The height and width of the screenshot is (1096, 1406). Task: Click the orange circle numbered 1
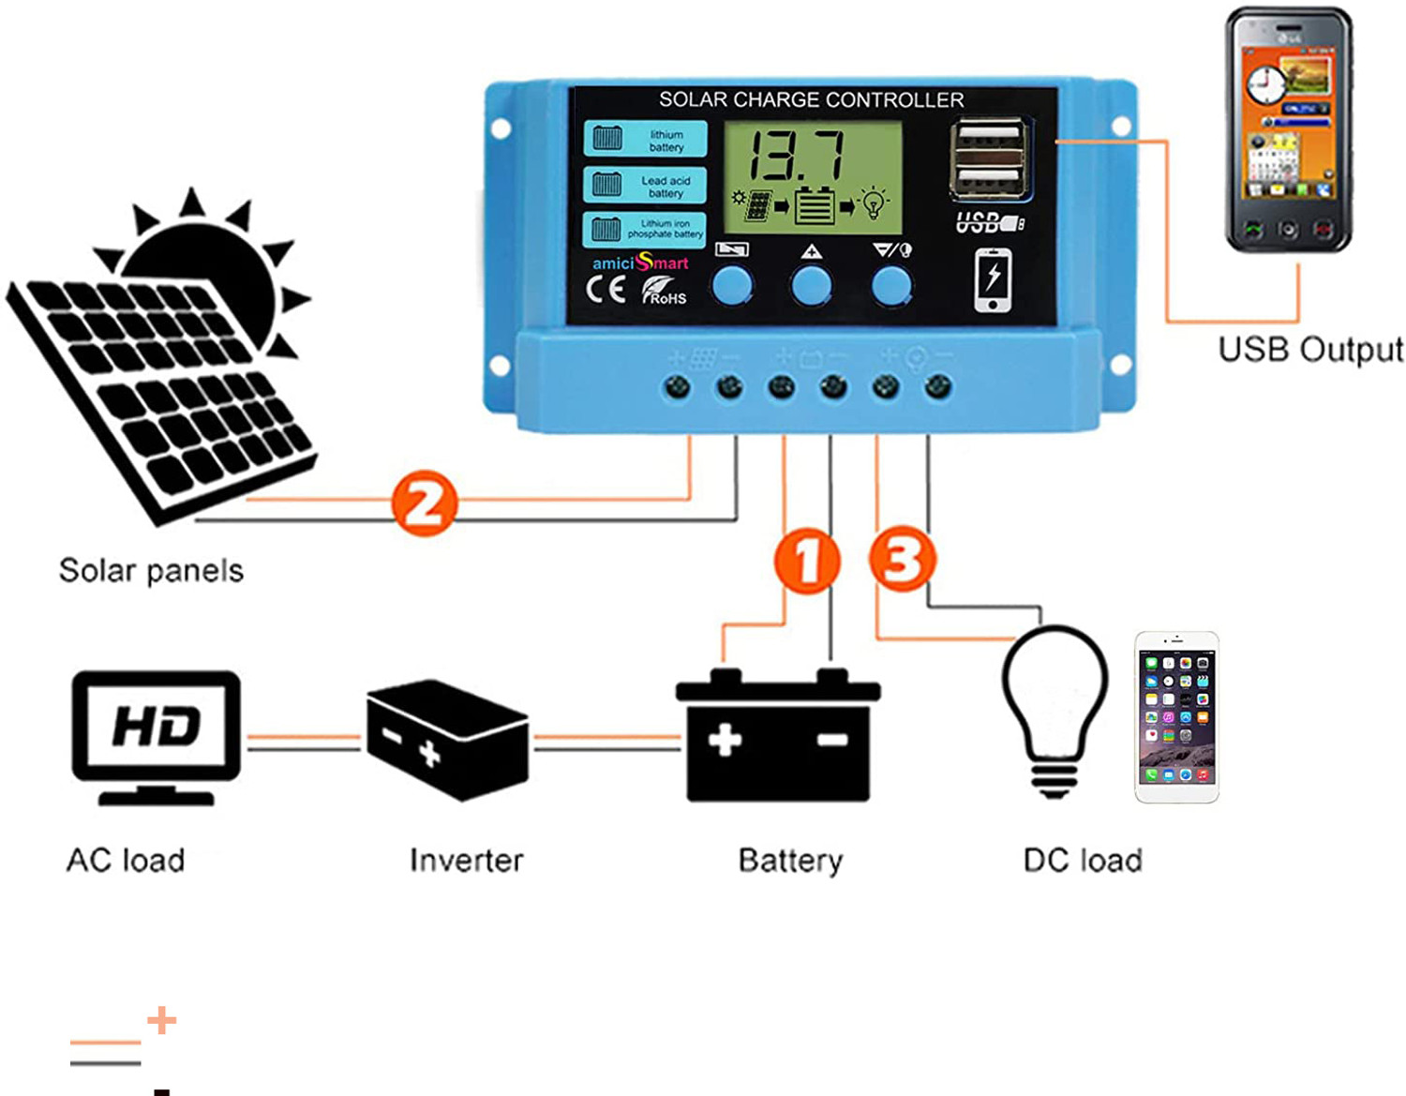[806, 561]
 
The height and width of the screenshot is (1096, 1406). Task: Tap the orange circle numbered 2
[424, 503]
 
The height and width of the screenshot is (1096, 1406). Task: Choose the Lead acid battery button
[645, 186]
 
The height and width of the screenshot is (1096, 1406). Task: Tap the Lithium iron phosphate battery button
[645, 229]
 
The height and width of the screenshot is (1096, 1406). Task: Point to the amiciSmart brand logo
[640, 263]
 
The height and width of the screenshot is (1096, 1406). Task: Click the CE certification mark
[606, 290]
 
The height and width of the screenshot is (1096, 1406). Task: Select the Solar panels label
[151, 570]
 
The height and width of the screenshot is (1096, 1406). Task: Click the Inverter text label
[466, 860]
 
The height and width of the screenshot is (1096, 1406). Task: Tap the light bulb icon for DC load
[1054, 708]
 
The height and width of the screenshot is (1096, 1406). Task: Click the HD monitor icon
[156, 736]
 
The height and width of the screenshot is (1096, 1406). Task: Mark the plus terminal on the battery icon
[725, 741]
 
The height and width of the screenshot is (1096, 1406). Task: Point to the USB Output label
[1309, 350]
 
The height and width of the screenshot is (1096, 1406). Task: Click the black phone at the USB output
[1289, 131]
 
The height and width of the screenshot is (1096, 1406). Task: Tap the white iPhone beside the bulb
[1176, 717]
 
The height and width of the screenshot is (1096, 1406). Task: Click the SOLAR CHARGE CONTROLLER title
[811, 100]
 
